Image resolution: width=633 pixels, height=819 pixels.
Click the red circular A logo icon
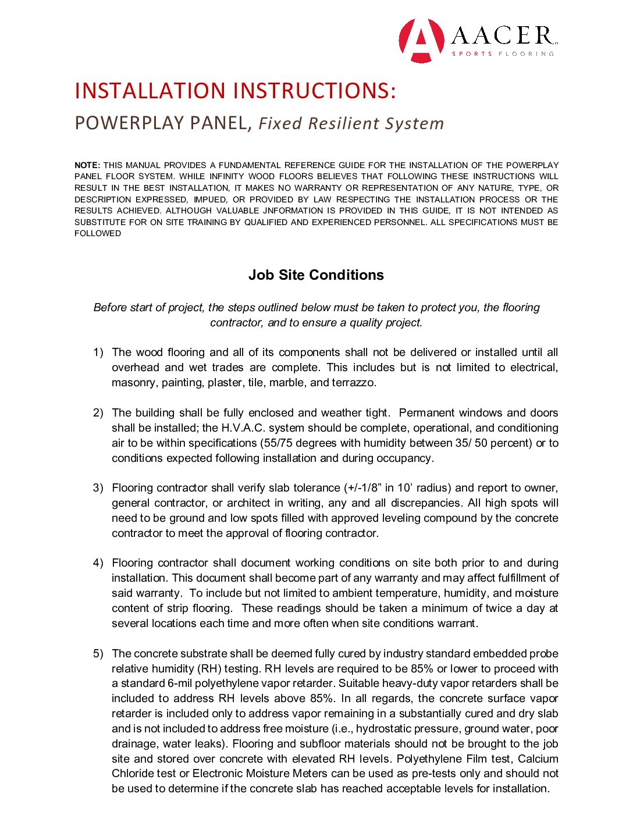click(x=421, y=41)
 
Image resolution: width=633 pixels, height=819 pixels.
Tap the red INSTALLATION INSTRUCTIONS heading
click(x=235, y=91)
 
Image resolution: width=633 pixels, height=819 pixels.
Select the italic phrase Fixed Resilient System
click(x=351, y=124)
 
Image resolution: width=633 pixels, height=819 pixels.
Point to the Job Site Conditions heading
click(x=316, y=275)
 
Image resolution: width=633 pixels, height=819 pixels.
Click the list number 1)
click(x=98, y=352)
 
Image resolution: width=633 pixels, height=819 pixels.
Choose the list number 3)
click(x=98, y=488)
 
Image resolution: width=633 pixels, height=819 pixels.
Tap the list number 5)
click(x=98, y=654)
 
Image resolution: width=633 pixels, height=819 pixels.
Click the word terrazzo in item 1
click(x=353, y=383)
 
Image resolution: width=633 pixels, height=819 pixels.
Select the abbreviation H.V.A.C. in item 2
click(x=243, y=428)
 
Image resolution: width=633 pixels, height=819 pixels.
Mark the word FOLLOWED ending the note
click(x=98, y=234)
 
